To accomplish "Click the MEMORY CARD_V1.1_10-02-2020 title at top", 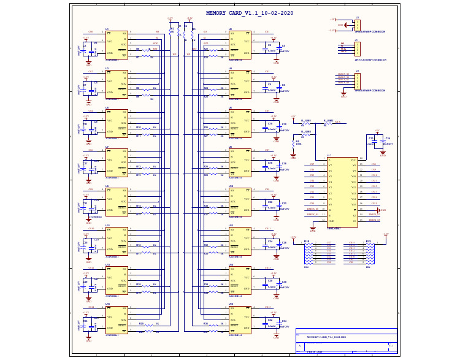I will coord(249,13).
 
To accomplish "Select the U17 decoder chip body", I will coord(342,192).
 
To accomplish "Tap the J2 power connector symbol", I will coord(357,25).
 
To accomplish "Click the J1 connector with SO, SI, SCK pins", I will coord(357,48).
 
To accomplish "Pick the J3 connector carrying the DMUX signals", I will coord(357,81).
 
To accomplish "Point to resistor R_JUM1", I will coord(305,123).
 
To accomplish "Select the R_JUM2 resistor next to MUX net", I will coord(327,123).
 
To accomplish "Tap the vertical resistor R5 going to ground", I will coord(293,144).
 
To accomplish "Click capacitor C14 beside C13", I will coord(383,141).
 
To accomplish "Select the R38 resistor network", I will coord(308,253).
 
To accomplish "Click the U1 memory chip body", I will coord(117,45).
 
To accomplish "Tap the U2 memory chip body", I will coord(240,45).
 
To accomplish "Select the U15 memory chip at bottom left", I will coord(117,320).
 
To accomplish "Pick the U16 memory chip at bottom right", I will coord(240,320).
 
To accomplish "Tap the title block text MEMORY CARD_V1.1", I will coord(326,337).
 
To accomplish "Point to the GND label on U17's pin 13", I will coord(383,210).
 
